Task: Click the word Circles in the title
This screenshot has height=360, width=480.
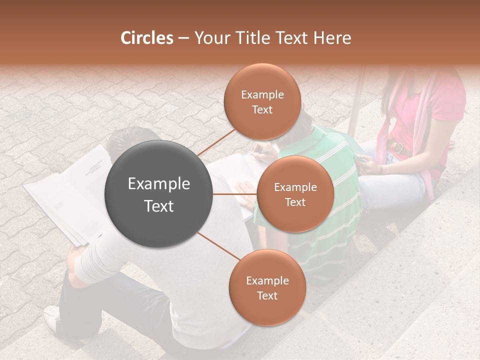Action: pos(147,38)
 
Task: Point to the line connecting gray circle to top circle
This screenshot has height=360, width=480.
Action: pos(216,141)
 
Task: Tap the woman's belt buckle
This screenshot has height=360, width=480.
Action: pos(398,147)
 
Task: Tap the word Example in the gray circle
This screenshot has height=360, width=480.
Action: pos(159,184)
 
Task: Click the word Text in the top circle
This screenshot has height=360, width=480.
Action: pos(262,109)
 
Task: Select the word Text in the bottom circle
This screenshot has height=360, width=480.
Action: pos(267,295)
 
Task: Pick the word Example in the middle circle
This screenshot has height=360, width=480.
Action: pos(295,187)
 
